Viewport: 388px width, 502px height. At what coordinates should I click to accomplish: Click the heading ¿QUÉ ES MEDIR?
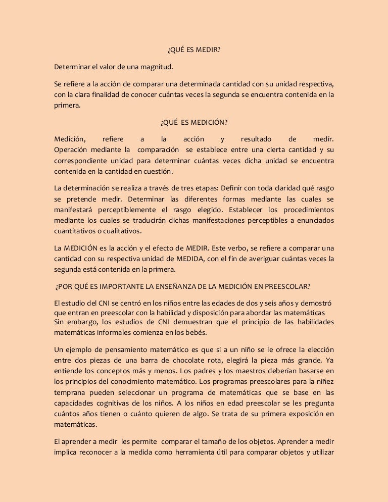(x=194, y=51)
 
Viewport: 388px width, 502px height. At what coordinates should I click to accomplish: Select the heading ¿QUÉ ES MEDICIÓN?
(x=194, y=123)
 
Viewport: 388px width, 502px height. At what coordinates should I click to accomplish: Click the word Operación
(x=71, y=150)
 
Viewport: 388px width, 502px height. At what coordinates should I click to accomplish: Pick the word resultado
(x=256, y=139)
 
